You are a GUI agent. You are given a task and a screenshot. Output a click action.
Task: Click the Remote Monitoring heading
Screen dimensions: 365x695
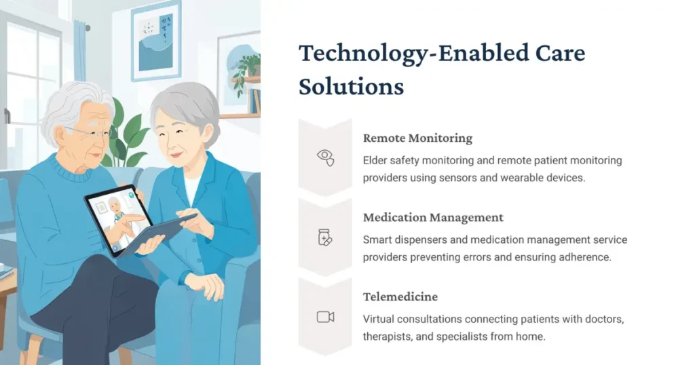point(417,138)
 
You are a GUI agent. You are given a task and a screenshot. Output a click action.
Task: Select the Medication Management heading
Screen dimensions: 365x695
point(433,218)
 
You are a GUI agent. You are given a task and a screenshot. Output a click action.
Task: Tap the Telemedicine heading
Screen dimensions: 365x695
point(400,296)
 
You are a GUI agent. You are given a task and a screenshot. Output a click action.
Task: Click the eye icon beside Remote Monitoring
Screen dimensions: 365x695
point(326,157)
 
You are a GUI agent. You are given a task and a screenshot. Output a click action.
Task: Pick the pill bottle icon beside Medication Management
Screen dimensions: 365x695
point(326,237)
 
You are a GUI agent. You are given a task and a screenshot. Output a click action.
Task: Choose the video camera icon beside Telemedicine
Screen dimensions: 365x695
point(326,316)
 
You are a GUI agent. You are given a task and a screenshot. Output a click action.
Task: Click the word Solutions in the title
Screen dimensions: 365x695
point(351,86)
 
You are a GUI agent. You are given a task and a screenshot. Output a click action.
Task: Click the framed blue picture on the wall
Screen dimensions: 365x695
point(156,41)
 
